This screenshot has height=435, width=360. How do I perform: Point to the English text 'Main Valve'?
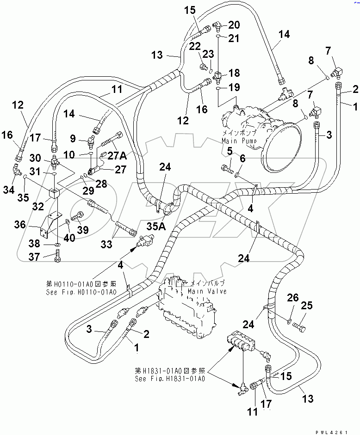pyautogui.click(x=208, y=292)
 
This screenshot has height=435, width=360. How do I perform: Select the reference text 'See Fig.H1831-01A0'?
pyautogui.click(x=170, y=378)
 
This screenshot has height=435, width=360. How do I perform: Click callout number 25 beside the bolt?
pyautogui.click(x=307, y=306)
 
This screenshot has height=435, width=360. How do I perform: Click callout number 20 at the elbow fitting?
pyautogui.click(x=234, y=25)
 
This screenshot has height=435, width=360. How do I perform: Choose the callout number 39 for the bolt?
pyautogui.click(x=82, y=230)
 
